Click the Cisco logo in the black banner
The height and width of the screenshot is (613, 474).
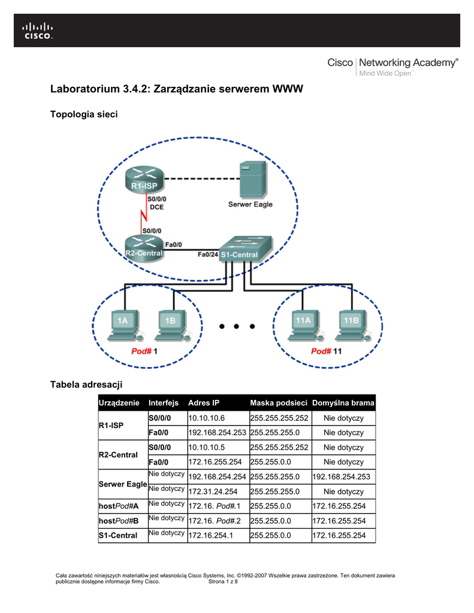[x=38, y=31]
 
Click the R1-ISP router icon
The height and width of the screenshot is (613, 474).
[x=144, y=179]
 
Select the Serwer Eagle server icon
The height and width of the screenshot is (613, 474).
[x=253, y=180]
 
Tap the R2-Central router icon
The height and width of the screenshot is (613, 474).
[x=144, y=248]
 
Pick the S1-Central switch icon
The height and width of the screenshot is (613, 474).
[x=245, y=248]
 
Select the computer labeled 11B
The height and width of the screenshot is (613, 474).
[x=352, y=326]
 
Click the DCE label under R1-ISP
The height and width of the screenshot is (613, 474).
[x=156, y=207]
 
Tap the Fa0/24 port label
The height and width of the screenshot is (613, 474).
[x=207, y=254]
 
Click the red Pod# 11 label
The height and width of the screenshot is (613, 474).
[x=326, y=351]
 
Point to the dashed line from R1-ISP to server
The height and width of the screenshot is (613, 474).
[x=201, y=178]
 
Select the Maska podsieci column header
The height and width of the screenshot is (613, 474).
[x=279, y=403]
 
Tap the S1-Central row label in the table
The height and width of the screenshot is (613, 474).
[x=118, y=536]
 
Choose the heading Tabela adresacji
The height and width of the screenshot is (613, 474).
[x=86, y=384]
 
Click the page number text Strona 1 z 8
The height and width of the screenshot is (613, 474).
[x=223, y=581]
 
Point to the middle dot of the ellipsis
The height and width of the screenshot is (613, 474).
[x=237, y=326]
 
